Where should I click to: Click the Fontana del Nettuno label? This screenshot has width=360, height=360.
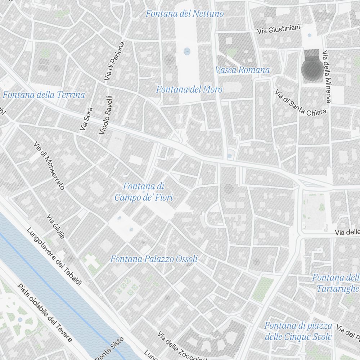pyautogui.click(x=184, y=14)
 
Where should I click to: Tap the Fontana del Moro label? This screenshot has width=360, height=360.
pyautogui.click(x=189, y=89)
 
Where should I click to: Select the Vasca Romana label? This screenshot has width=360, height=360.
pyautogui.click(x=242, y=70)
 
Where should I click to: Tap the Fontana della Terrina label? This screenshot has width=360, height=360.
pyautogui.click(x=44, y=95)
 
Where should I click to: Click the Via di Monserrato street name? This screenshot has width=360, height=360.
pyautogui.click(x=49, y=166)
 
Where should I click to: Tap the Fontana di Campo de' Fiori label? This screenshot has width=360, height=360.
pyautogui.click(x=144, y=192)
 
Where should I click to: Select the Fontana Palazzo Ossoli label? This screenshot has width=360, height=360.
pyautogui.click(x=154, y=259)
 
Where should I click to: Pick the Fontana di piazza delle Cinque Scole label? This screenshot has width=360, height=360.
pyautogui.click(x=298, y=331)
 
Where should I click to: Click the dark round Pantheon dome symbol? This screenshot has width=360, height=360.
pyautogui.click(x=312, y=69)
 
